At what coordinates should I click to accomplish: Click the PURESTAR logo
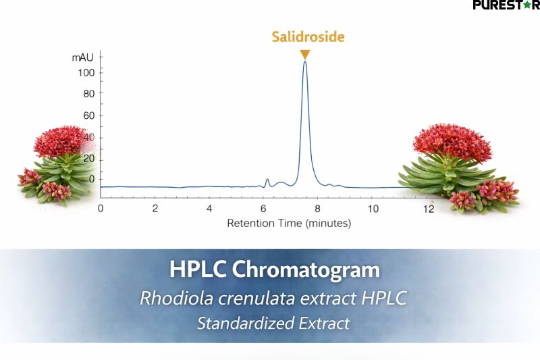click(x=506, y=5)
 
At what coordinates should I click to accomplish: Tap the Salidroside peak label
click(x=308, y=36)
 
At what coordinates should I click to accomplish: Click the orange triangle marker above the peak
click(x=305, y=54)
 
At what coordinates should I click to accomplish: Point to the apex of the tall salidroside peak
click(x=305, y=62)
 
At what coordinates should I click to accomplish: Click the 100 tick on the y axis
click(x=86, y=72)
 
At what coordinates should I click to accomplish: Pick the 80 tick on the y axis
click(x=88, y=93)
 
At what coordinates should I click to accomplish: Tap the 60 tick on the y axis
click(x=88, y=115)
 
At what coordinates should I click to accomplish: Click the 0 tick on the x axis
click(x=101, y=208)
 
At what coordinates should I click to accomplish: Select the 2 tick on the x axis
click(x=155, y=208)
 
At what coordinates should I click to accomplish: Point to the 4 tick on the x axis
click(x=209, y=208)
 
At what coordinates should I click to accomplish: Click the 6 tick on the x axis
click(x=264, y=208)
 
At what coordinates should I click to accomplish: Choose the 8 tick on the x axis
click(x=318, y=208)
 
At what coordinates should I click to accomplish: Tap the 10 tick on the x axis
click(x=372, y=208)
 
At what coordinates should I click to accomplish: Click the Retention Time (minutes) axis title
click(x=289, y=223)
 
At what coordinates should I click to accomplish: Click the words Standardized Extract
click(x=273, y=323)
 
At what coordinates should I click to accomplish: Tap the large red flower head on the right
click(x=453, y=142)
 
